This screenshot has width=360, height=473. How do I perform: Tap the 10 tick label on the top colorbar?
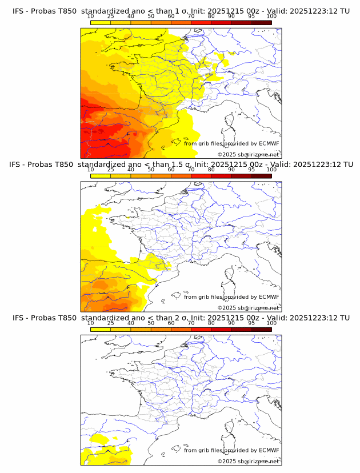coord(91,17)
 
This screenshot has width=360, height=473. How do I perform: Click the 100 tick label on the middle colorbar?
coord(271,170)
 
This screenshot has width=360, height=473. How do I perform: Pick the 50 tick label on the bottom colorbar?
coord(151,323)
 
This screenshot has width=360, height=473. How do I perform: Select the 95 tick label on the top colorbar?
coord(251,17)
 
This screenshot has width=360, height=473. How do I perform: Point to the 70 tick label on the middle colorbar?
coord(191,170)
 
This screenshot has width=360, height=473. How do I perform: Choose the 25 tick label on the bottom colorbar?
coord(111,323)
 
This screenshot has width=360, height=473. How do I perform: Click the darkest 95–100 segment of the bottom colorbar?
coord(261,329)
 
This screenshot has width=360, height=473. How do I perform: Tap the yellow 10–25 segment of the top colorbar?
coord(101,23)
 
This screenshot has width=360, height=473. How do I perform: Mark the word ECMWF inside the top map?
coord(269,144)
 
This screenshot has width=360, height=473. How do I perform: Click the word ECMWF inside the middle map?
coord(269,297)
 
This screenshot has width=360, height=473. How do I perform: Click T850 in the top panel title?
coord(65,11)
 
